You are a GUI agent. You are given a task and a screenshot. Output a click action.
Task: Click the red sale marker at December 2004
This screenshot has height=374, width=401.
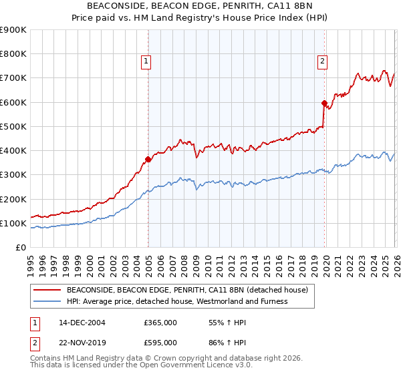[x=148, y=159]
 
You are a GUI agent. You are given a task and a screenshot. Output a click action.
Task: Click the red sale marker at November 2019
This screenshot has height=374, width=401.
[x=324, y=104]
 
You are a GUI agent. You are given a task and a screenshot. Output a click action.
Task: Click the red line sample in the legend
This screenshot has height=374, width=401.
[x=47, y=291]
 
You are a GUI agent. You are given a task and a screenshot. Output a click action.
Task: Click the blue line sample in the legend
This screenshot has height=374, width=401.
[x=47, y=301]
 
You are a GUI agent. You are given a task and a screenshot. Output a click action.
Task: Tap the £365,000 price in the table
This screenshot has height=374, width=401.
[x=160, y=323]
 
